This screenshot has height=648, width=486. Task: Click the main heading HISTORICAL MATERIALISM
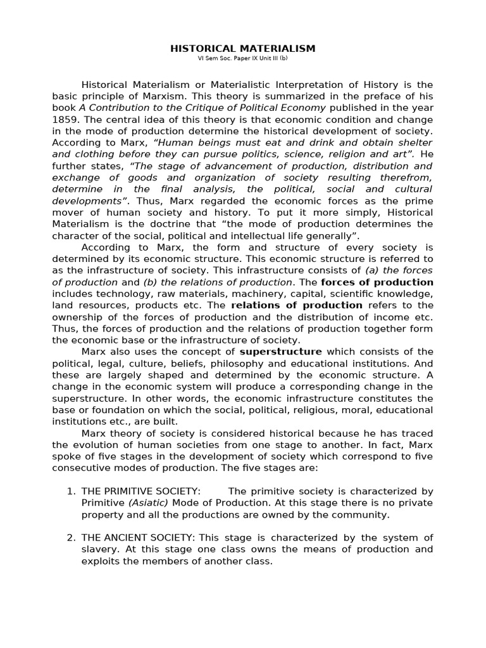[x=243, y=49]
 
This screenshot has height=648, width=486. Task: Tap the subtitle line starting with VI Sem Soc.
[x=243, y=59]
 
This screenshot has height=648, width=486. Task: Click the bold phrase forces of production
[x=377, y=282]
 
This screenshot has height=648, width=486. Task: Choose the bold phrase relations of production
[x=297, y=305]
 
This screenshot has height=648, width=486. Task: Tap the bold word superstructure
[x=280, y=352]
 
